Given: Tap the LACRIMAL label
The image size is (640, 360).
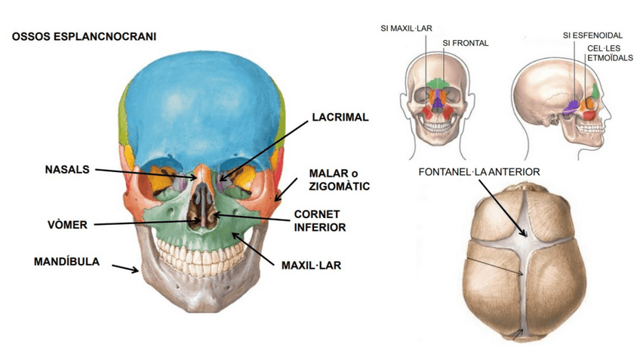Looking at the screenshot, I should coord(340,118).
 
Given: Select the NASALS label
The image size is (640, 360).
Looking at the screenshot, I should coord(66,170).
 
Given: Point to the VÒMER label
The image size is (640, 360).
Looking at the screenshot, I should coord(67,224).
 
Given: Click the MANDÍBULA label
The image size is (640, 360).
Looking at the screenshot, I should coord(66,262).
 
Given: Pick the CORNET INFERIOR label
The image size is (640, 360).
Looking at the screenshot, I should coord(319,220).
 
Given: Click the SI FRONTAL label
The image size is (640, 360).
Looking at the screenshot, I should coord(466,43).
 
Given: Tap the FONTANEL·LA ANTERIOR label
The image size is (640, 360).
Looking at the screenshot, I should coord(479,172).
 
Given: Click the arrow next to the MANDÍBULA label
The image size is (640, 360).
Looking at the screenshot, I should coord(126,267).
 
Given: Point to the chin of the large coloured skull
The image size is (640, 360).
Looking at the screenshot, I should coord(202,302).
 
